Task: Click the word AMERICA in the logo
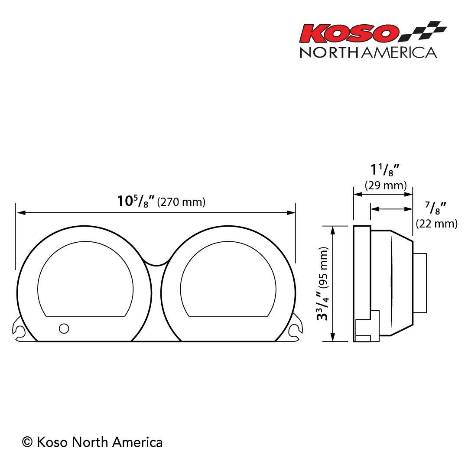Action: click(399, 52)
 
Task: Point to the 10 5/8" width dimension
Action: click(136, 201)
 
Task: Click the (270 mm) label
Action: click(181, 202)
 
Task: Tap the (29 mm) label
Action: click(386, 185)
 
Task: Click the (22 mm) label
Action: click(436, 224)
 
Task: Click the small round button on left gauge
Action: click(64, 328)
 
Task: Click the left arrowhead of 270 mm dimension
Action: click(19, 213)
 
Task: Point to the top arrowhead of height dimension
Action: click(333, 229)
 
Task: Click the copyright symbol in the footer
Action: click(27, 442)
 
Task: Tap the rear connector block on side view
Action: click(419, 283)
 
